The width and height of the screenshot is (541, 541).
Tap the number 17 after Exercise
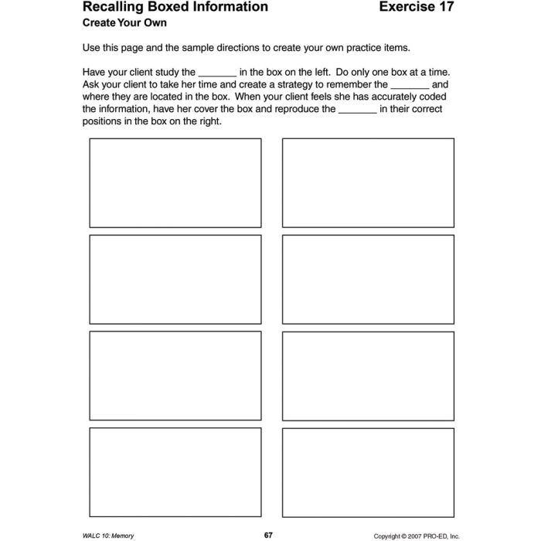(x=444, y=8)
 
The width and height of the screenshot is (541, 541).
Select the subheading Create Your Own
(x=124, y=24)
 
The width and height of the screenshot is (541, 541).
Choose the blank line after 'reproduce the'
(x=357, y=111)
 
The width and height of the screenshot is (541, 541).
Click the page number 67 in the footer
(x=268, y=513)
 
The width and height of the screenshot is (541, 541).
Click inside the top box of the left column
(x=175, y=183)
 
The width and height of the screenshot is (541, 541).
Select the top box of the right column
(x=368, y=183)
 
